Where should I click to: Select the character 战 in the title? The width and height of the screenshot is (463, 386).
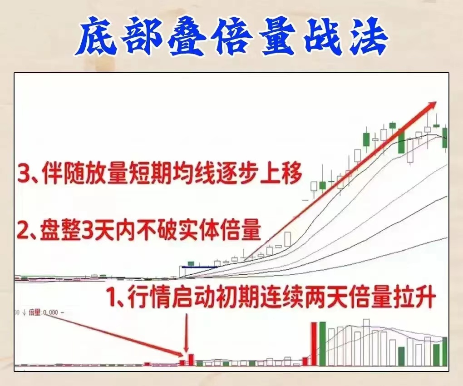319,36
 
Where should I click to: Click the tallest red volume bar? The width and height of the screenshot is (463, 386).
314,344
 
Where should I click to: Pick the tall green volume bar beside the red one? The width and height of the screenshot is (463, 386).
322,344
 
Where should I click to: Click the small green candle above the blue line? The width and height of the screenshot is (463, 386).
191,263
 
